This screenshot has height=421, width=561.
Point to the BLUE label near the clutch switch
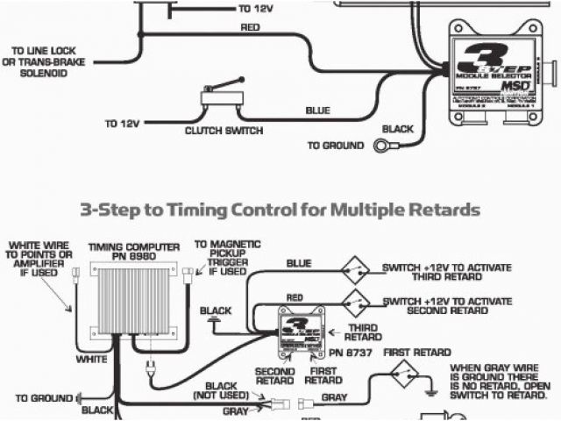(x=317, y=111)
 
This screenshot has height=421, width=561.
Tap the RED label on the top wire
(x=251, y=27)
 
